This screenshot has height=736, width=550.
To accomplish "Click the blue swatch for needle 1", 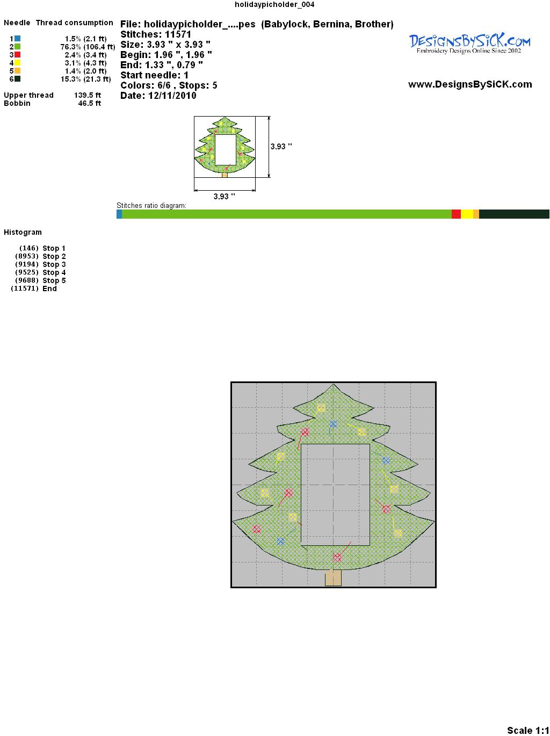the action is (x=17, y=39).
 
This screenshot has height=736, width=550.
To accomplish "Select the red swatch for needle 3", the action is (x=17, y=55).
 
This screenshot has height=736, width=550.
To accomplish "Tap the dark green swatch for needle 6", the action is (x=17, y=79).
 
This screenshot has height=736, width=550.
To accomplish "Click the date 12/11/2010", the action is (x=172, y=96).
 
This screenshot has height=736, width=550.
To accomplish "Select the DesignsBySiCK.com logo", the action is (x=469, y=44).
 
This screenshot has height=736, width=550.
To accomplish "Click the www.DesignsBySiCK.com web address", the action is (x=470, y=84).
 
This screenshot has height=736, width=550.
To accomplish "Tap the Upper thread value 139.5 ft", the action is (x=88, y=95).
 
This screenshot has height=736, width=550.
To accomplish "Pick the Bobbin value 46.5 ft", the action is (x=90, y=103).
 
